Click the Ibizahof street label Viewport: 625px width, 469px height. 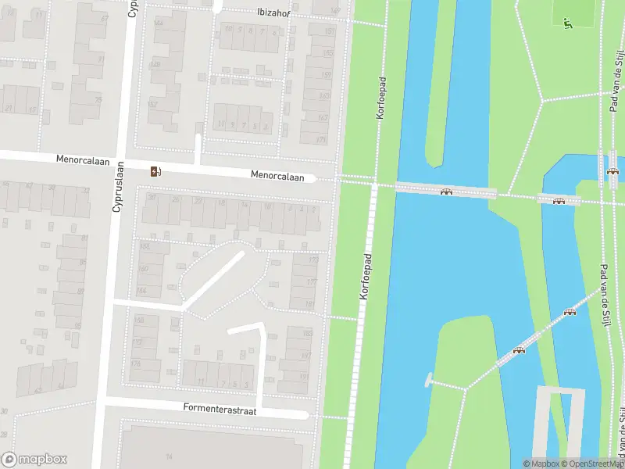point(278,13)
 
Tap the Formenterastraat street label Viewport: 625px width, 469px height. point(220,407)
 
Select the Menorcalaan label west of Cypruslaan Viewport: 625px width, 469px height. point(80,159)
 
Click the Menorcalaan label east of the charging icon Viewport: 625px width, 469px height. point(277,177)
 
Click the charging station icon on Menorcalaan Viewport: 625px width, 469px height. point(156,171)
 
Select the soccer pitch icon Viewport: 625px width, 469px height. point(568,23)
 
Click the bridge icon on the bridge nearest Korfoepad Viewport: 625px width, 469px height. point(446,192)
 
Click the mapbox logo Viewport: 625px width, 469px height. point(34,460)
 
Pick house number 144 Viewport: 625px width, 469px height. point(159,23)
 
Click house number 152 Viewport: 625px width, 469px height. point(152,104)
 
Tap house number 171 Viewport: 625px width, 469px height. point(321,140)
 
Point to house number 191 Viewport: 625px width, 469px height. point(305,376)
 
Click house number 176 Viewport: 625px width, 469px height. point(135,363)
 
